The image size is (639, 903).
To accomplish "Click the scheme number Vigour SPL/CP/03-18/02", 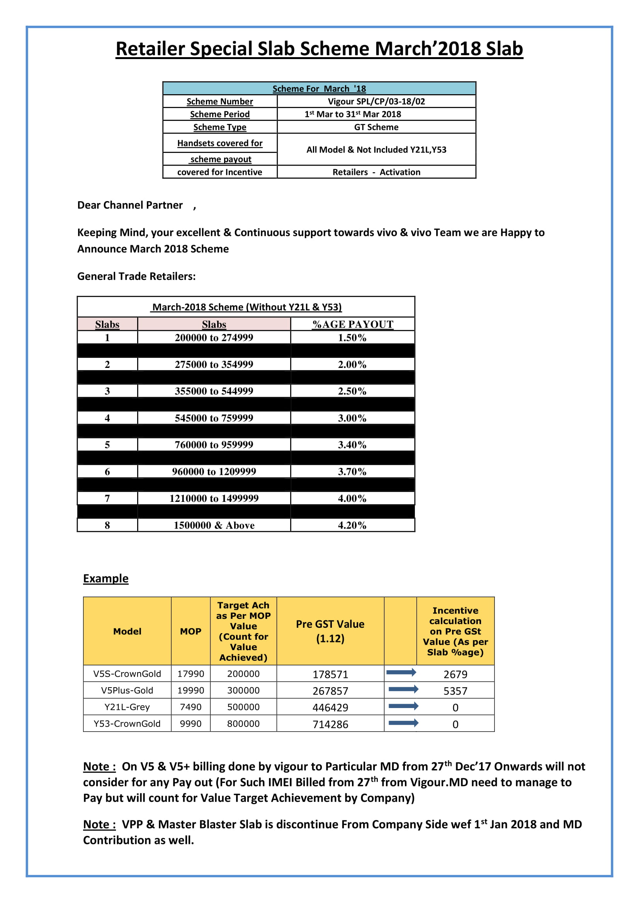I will pos(376,102).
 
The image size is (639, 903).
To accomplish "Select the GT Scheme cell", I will pos(376,127).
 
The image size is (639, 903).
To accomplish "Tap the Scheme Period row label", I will pos(219,114).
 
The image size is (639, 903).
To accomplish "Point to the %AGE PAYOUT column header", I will pos(353,324).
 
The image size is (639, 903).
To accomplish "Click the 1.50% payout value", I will pos(352,337).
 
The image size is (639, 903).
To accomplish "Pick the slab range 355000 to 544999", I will pos(214,391).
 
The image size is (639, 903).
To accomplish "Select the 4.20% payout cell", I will pos(352,525).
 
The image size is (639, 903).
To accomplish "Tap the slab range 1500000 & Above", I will pos(214,525).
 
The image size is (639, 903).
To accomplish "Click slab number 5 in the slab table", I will pos(107,445).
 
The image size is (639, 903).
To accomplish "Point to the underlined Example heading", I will pos(105,578).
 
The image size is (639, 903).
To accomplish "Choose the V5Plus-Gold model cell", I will pos(127,690).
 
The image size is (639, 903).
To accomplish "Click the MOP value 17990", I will pos(191,674).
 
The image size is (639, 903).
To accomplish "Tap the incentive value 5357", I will pos(455,691).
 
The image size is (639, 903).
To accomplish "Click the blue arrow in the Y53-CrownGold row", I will pos(403,722).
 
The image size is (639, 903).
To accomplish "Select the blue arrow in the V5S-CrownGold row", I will pos(401,672).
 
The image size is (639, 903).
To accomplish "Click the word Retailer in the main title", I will pos(150,49).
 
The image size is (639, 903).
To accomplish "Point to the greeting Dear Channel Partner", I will pos(130,205).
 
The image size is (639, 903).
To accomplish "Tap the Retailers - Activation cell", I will pos(376,172).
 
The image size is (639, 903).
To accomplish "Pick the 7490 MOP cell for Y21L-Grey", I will pos(191,707).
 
